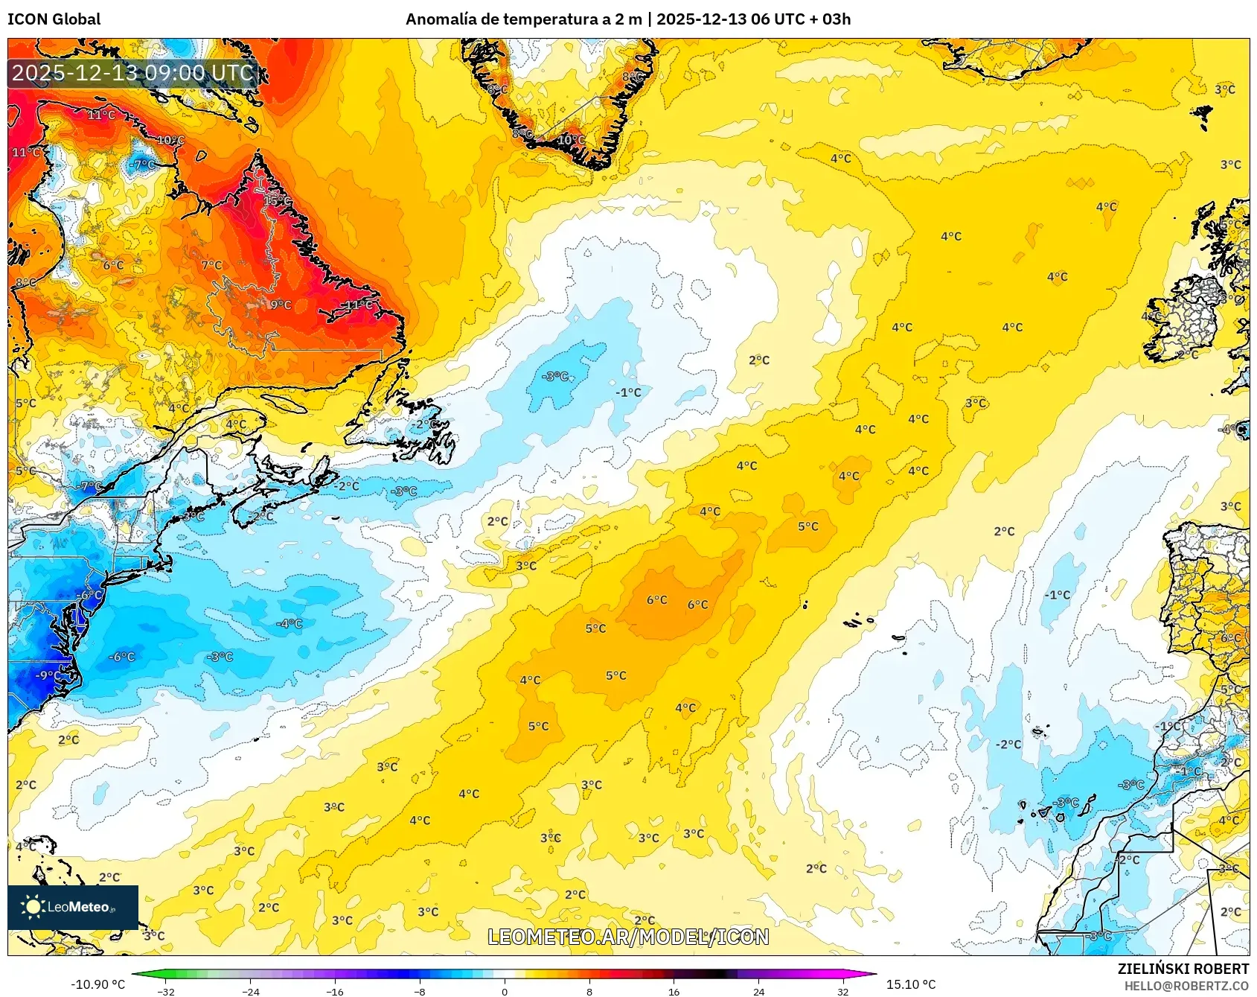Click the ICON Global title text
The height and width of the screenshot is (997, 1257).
pyautogui.click(x=54, y=19)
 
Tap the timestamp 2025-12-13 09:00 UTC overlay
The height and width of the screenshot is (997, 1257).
pyautogui.click(x=132, y=73)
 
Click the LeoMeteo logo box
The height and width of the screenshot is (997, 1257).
pyautogui.click(x=73, y=907)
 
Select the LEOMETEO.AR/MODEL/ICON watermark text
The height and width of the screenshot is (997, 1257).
pyautogui.click(x=628, y=937)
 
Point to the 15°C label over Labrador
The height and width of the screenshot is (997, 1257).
pyautogui.click(x=277, y=201)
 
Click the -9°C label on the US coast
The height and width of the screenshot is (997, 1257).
pyautogui.click(x=48, y=675)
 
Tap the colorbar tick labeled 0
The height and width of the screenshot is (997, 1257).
pyautogui.click(x=505, y=991)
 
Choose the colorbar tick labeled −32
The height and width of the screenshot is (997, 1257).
pyautogui.click(x=167, y=991)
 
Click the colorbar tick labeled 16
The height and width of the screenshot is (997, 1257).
pyautogui.click(x=674, y=991)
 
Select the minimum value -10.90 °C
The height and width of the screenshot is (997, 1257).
pyautogui.click(x=97, y=984)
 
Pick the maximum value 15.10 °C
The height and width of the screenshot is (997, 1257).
pyautogui.click(x=910, y=984)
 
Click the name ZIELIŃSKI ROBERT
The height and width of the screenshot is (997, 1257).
pyautogui.click(x=1183, y=969)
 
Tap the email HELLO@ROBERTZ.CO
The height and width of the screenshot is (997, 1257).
pyautogui.click(x=1186, y=986)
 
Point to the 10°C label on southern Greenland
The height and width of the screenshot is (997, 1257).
pyautogui.click(x=570, y=140)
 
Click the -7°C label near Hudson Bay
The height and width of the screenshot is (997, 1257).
pyautogui.click(x=143, y=165)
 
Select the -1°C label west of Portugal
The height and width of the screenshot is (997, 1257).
pyautogui.click(x=1057, y=595)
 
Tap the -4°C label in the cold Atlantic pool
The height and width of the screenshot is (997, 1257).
pyautogui.click(x=289, y=623)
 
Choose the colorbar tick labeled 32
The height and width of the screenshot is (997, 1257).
pyautogui.click(x=842, y=991)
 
